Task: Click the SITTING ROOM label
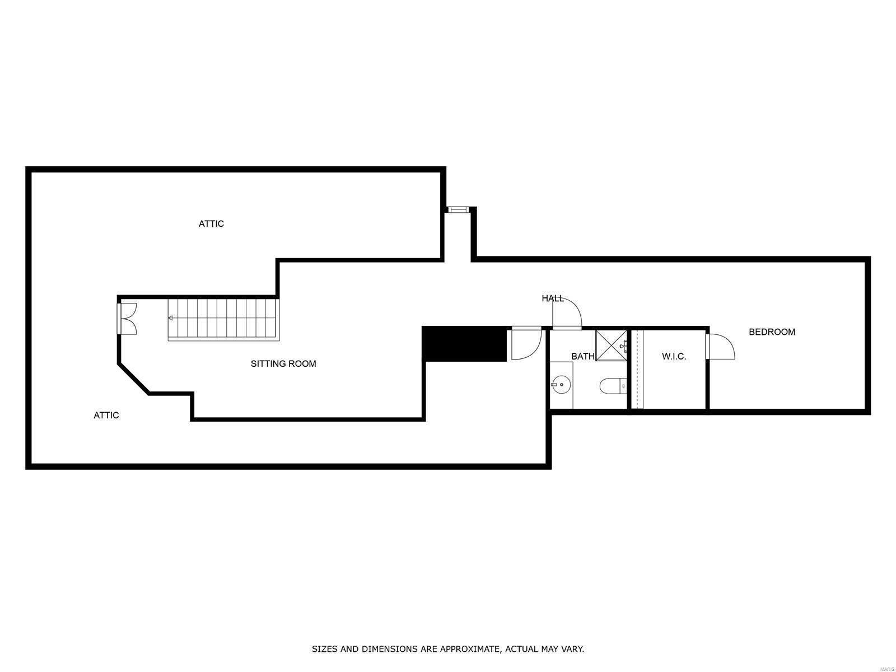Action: pos(283,364)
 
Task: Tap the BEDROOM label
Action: pos(772,332)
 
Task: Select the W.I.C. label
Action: pos(674,357)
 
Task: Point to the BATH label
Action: pos(582,356)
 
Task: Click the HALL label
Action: pos(552,298)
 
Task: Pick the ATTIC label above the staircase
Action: pos(211,224)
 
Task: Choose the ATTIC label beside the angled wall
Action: pos(106,416)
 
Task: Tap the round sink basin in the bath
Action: pos(561,384)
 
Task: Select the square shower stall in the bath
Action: pos(611,346)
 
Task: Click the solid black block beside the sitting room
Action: pos(464,344)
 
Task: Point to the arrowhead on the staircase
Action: pos(170,318)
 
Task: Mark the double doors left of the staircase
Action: pos(128,319)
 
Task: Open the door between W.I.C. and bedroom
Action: pos(720,346)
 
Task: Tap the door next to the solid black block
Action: pos(525,344)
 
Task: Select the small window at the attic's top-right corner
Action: pos(458,209)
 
